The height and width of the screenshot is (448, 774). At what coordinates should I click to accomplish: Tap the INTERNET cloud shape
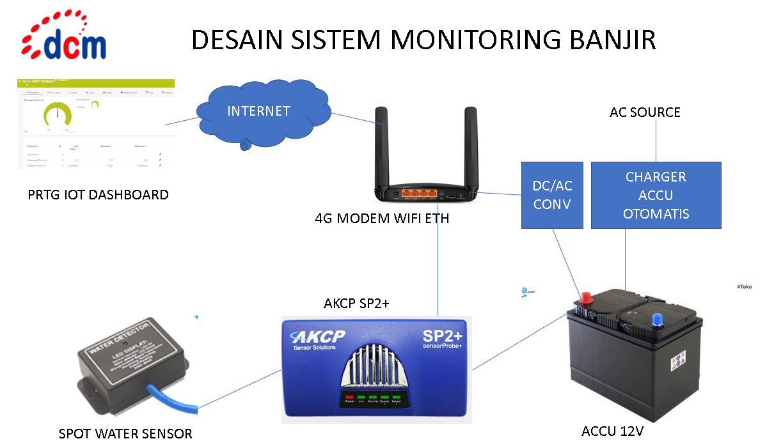pyautogui.click(x=258, y=112)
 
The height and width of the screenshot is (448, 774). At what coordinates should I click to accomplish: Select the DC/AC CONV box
pyautogui.click(x=552, y=195)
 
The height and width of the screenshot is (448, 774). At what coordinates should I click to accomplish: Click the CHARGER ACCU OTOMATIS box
pyautogui.click(x=656, y=195)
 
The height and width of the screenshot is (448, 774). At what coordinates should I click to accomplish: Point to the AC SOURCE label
pyautogui.click(x=645, y=112)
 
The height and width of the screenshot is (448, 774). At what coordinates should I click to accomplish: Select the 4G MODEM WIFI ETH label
pyautogui.click(x=382, y=219)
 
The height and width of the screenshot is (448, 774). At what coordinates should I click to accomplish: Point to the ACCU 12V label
pyautogui.click(x=612, y=431)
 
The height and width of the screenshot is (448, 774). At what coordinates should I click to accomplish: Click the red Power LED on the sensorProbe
pyautogui.click(x=349, y=397)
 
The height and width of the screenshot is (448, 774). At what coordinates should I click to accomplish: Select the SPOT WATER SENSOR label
pyautogui.click(x=125, y=434)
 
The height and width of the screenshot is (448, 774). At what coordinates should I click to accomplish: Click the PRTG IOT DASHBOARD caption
pyautogui.click(x=99, y=194)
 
